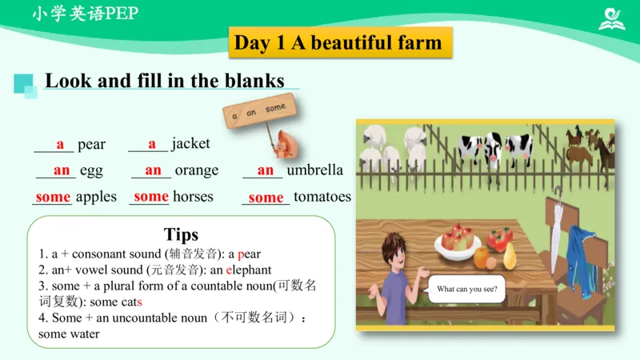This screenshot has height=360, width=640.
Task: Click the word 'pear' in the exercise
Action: pos(91,145)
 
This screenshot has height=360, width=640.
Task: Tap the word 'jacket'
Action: pos(190,144)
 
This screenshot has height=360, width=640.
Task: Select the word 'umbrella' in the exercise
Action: pos(314,170)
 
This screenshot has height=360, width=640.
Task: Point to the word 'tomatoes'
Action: pos(322,197)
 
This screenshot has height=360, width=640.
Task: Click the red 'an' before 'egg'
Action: pos(62,170)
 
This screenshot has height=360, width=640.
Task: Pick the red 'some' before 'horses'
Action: pos(151,196)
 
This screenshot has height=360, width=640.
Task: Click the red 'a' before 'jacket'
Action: pos(152,144)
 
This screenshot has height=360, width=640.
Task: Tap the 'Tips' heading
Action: pos(181,234)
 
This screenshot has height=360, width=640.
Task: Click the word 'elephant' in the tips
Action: pos(249,270)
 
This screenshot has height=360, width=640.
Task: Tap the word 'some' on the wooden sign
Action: pos(274,107)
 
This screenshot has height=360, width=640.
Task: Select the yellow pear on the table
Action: pos(510,255)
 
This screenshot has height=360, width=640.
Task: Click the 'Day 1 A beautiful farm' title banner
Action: pos(338,42)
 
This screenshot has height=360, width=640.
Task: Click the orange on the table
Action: pos(482,257)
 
